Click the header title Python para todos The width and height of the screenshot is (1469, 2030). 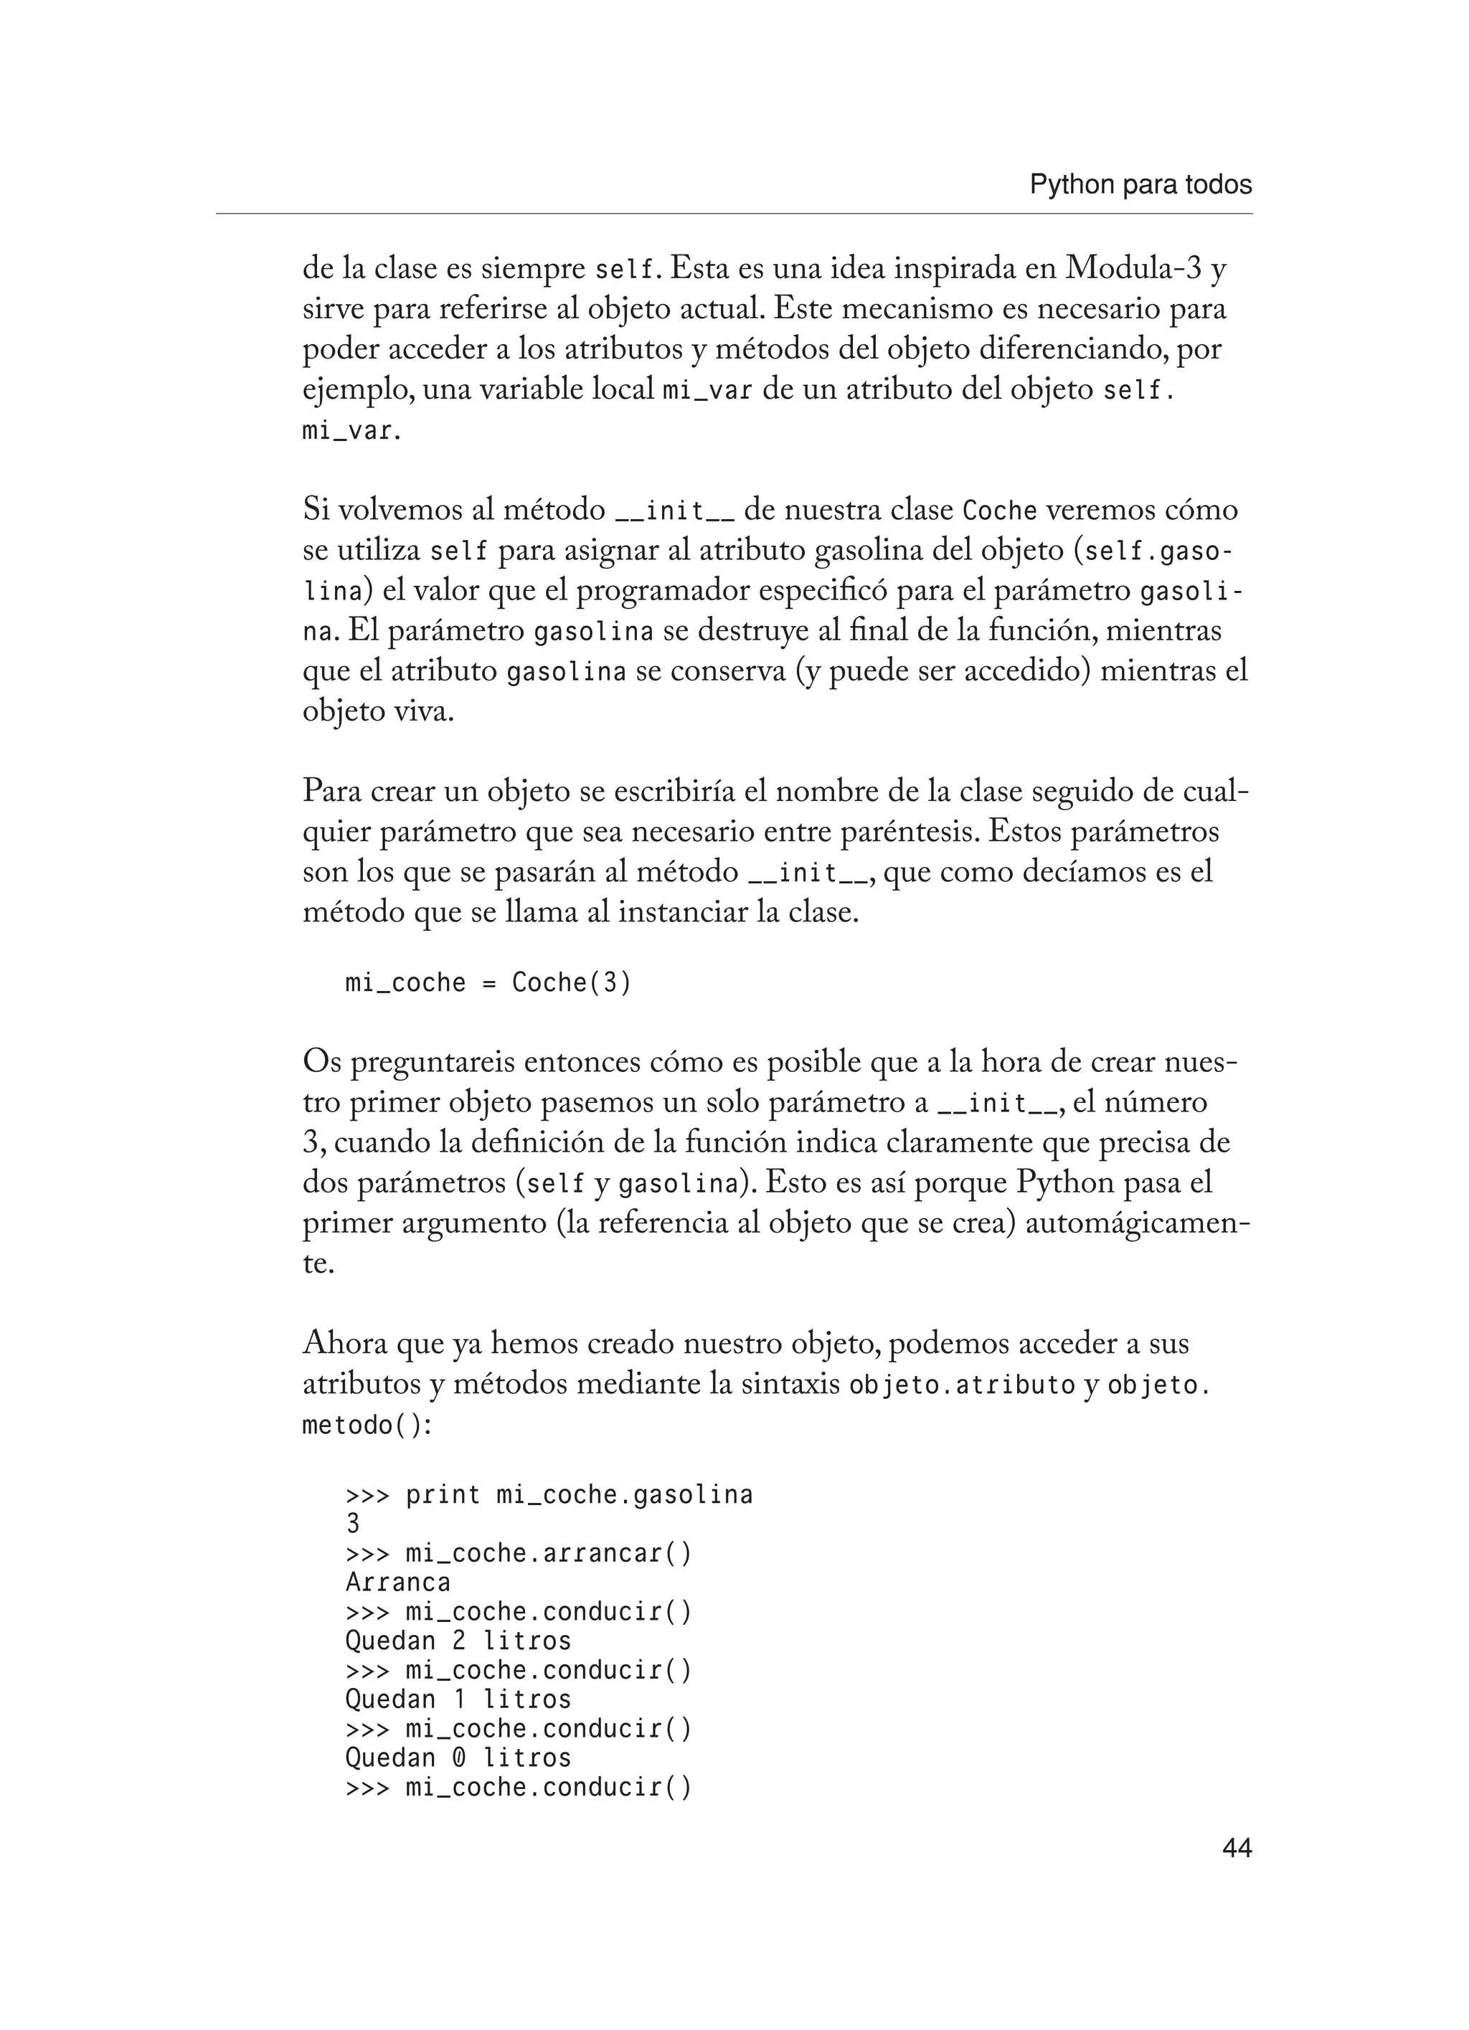tap(1140, 185)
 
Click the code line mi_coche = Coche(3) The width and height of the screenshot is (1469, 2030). tap(488, 983)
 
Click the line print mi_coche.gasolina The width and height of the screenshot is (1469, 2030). tap(549, 1495)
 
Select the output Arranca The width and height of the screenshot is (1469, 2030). tap(397, 1583)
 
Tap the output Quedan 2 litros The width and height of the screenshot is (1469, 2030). tap(458, 1641)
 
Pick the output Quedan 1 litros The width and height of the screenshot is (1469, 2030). tap(458, 1699)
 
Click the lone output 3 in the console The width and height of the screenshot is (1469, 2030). tap(353, 1523)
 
